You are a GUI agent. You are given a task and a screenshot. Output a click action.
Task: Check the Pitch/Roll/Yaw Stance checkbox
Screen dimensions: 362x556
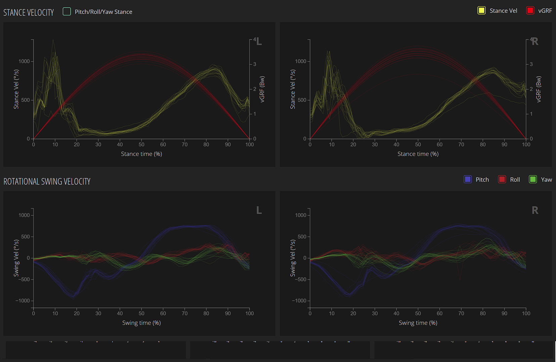pyautogui.click(x=67, y=12)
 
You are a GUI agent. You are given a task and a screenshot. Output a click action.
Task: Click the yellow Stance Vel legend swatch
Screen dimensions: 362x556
pyautogui.click(x=481, y=10)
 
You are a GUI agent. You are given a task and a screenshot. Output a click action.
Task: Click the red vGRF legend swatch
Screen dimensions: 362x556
pyautogui.click(x=530, y=10)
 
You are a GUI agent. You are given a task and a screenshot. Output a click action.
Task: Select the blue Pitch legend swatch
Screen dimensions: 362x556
pyautogui.click(x=468, y=179)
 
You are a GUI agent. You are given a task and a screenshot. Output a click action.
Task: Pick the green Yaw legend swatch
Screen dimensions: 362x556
pyautogui.click(x=533, y=179)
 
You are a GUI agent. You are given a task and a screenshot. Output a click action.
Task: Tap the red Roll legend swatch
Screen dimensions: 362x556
pyautogui.click(x=502, y=179)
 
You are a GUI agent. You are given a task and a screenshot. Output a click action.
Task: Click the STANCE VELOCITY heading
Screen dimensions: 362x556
pyautogui.click(x=29, y=13)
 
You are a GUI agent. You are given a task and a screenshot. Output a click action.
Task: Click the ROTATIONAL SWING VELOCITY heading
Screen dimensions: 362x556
pyautogui.click(x=47, y=182)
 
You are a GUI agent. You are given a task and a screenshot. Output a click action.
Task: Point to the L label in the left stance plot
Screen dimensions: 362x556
pyautogui.click(x=259, y=42)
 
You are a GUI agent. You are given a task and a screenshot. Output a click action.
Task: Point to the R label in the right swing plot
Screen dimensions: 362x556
pyautogui.click(x=535, y=210)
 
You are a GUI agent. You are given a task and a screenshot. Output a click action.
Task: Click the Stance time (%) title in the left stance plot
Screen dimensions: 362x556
pyautogui.click(x=141, y=154)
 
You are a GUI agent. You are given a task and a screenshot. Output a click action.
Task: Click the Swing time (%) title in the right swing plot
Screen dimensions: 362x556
pyautogui.click(x=418, y=323)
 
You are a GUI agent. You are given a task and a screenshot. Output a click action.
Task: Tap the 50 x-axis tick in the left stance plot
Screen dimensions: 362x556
pyautogui.click(x=141, y=144)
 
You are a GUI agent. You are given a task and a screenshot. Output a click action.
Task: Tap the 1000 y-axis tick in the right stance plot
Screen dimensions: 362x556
pyautogui.click(x=300, y=61)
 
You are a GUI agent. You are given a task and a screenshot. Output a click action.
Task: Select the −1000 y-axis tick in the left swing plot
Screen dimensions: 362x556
pyautogui.click(x=22, y=301)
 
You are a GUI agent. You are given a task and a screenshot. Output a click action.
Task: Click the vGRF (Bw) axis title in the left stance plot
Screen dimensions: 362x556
pyautogui.click(x=262, y=89)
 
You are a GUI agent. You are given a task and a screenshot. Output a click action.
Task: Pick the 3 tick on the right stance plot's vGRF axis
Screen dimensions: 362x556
pyautogui.click(x=531, y=64)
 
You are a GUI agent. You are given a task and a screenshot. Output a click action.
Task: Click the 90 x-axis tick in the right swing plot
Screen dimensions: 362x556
pyautogui.click(x=504, y=313)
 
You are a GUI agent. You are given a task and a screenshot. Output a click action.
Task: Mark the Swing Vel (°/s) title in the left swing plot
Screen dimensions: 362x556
pyautogui.click(x=16, y=258)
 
